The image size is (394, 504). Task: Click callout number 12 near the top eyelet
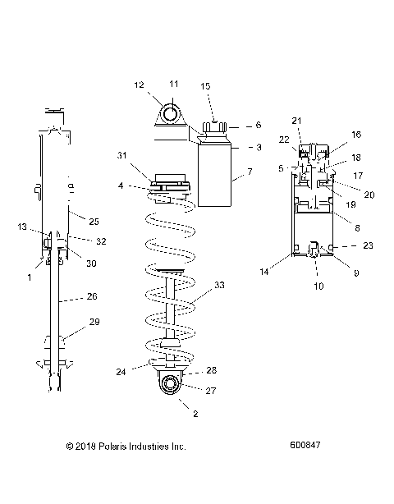139,85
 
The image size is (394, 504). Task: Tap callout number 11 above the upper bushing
173,85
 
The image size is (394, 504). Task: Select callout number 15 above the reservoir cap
205,86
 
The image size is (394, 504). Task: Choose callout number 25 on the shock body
94,222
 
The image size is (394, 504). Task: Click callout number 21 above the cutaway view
296,121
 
